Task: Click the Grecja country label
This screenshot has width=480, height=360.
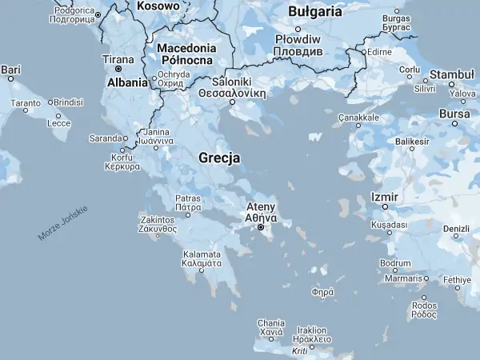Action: [x=218, y=158]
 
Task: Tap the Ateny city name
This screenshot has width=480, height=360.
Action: [x=261, y=207]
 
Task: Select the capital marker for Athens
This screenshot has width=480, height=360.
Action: [x=261, y=228]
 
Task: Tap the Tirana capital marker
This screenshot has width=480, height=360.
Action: [x=118, y=70]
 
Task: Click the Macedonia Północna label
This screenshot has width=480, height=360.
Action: [x=186, y=54]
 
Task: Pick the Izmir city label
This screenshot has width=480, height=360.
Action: [x=385, y=197]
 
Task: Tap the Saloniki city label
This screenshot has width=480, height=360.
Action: [x=233, y=82]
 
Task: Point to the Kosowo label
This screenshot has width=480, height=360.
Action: [x=158, y=6]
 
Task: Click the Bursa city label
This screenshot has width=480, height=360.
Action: [x=454, y=114]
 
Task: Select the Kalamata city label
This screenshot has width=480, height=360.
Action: [x=202, y=257]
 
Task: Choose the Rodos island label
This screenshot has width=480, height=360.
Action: [x=425, y=306]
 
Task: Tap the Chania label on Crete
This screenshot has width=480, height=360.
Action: [x=271, y=323]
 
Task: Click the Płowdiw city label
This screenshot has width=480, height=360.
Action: [x=297, y=39]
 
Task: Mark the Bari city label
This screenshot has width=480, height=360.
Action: [x=10, y=70]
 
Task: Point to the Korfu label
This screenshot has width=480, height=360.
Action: [x=117, y=158]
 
